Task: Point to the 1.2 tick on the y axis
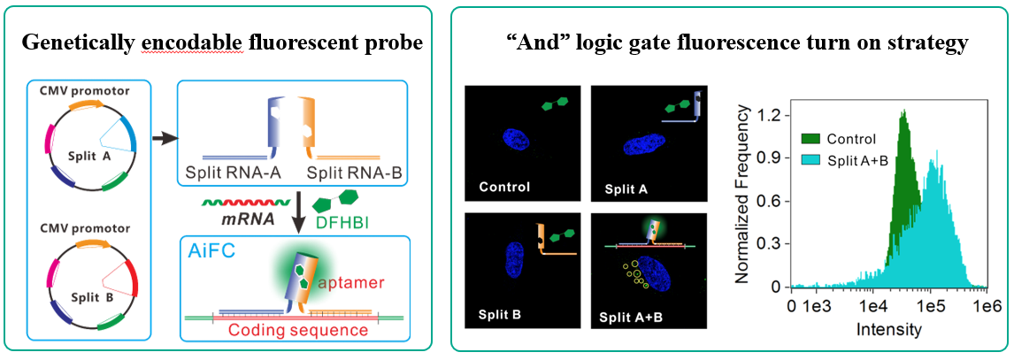(x=772, y=115)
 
